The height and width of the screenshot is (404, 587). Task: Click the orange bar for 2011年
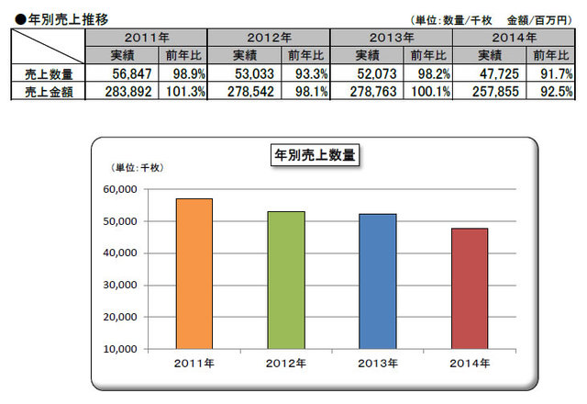click(194, 274)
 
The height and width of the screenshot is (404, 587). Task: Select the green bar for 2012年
click(285, 280)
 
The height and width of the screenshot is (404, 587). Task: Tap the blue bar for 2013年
click(377, 281)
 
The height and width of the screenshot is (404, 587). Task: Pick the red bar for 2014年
click(469, 288)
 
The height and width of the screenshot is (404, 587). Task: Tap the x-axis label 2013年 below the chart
click(377, 364)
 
